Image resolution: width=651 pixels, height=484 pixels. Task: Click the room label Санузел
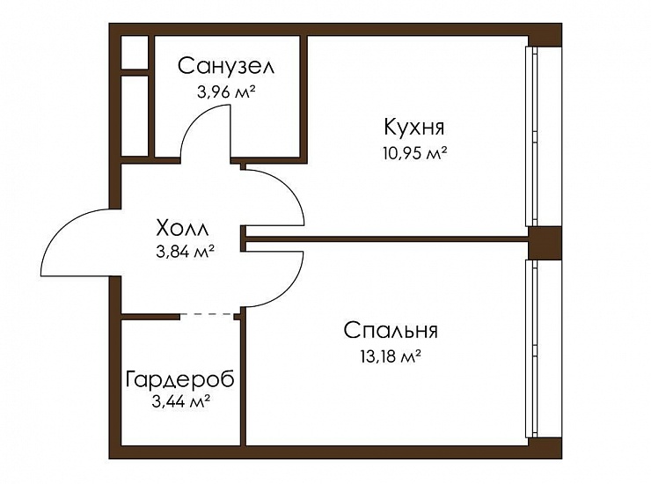pyautogui.click(x=226, y=66)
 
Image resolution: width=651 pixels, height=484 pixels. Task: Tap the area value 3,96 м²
pyautogui.click(x=226, y=92)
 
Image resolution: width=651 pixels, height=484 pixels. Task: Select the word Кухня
pyautogui.click(x=414, y=127)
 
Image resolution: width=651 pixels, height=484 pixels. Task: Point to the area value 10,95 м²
pyautogui.click(x=414, y=153)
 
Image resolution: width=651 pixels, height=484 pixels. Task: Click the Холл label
pyautogui.click(x=182, y=228)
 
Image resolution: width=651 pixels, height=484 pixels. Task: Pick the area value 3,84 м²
pyautogui.click(x=185, y=252)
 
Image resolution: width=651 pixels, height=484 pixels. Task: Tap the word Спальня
pyautogui.click(x=391, y=331)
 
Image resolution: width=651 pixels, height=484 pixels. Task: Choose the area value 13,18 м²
pyautogui.click(x=391, y=356)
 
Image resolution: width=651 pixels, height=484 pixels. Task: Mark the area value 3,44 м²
pyautogui.click(x=180, y=401)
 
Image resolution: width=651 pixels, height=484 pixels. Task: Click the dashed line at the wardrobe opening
pyautogui.click(x=207, y=314)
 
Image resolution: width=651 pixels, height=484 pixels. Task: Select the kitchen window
pyautogui.click(x=531, y=136)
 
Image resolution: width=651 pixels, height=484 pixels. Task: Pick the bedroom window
pyautogui.click(x=531, y=348)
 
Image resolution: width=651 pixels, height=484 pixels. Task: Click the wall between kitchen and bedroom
pyautogui.click(x=386, y=238)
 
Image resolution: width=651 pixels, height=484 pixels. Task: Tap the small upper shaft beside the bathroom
pyautogui.click(x=135, y=53)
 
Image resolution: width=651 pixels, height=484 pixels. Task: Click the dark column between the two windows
pyautogui.click(x=545, y=243)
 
